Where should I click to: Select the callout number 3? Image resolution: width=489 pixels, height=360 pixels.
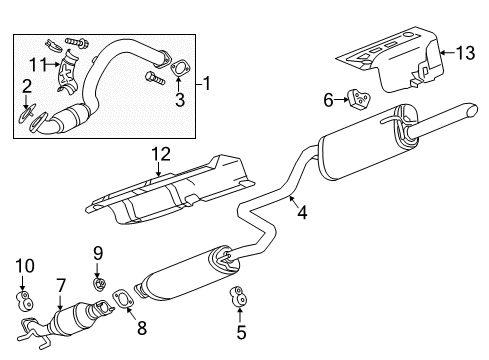coord(180,101)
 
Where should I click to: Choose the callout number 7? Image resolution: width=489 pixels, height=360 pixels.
coord(60,286)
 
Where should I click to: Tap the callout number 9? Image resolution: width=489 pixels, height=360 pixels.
coord(99,251)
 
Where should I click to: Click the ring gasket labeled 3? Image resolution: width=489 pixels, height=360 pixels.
coord(180,69)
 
